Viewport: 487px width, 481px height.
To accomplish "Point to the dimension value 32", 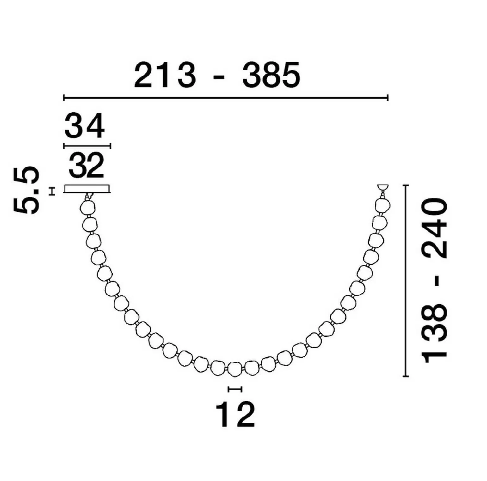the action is click(x=86, y=165).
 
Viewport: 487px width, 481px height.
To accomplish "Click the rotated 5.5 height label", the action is click(x=27, y=191).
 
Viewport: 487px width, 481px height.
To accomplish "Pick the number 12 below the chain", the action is click(x=235, y=414).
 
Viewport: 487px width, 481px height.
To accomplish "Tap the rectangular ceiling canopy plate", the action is click(x=87, y=189).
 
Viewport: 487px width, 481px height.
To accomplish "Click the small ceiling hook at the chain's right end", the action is click(x=383, y=188).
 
